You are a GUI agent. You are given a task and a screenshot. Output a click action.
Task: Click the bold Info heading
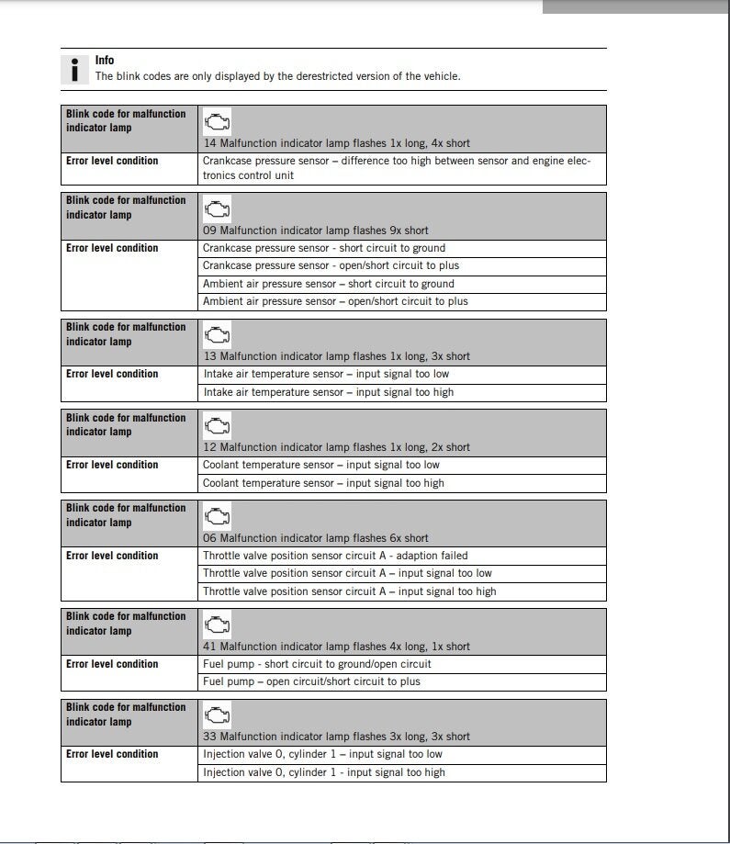coord(105,61)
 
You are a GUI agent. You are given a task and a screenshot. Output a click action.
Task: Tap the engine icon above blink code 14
coord(217,122)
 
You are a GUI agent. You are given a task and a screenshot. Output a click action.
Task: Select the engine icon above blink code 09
coord(217,209)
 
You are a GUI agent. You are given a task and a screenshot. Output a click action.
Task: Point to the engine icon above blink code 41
coord(217,625)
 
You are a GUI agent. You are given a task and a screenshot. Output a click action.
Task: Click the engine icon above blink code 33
coord(217,715)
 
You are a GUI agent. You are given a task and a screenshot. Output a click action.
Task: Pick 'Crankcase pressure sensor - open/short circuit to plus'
coord(331,265)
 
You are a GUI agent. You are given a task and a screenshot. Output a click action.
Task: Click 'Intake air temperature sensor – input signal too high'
coord(328,392)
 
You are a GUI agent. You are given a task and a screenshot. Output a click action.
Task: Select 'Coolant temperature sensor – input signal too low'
coord(320,465)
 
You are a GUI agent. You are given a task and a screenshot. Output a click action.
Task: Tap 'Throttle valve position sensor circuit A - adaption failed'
coord(335,556)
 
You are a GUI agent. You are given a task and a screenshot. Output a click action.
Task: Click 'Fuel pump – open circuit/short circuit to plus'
coord(311,681)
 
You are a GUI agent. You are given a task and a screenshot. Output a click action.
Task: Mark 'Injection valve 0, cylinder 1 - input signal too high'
coord(323,772)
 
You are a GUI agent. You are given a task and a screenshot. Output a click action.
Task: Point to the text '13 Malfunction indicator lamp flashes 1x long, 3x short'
coord(336,356)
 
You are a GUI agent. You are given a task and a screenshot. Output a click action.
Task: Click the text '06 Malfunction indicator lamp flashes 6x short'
coord(315,538)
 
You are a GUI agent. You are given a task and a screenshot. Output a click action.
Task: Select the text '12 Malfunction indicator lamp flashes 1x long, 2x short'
coord(336,447)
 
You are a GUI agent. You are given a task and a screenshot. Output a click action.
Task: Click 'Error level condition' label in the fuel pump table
coord(112,664)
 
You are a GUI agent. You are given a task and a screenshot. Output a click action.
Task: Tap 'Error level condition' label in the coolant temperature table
coord(112,465)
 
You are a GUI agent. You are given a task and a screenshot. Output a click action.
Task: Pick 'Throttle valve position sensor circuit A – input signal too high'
coord(349,591)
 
